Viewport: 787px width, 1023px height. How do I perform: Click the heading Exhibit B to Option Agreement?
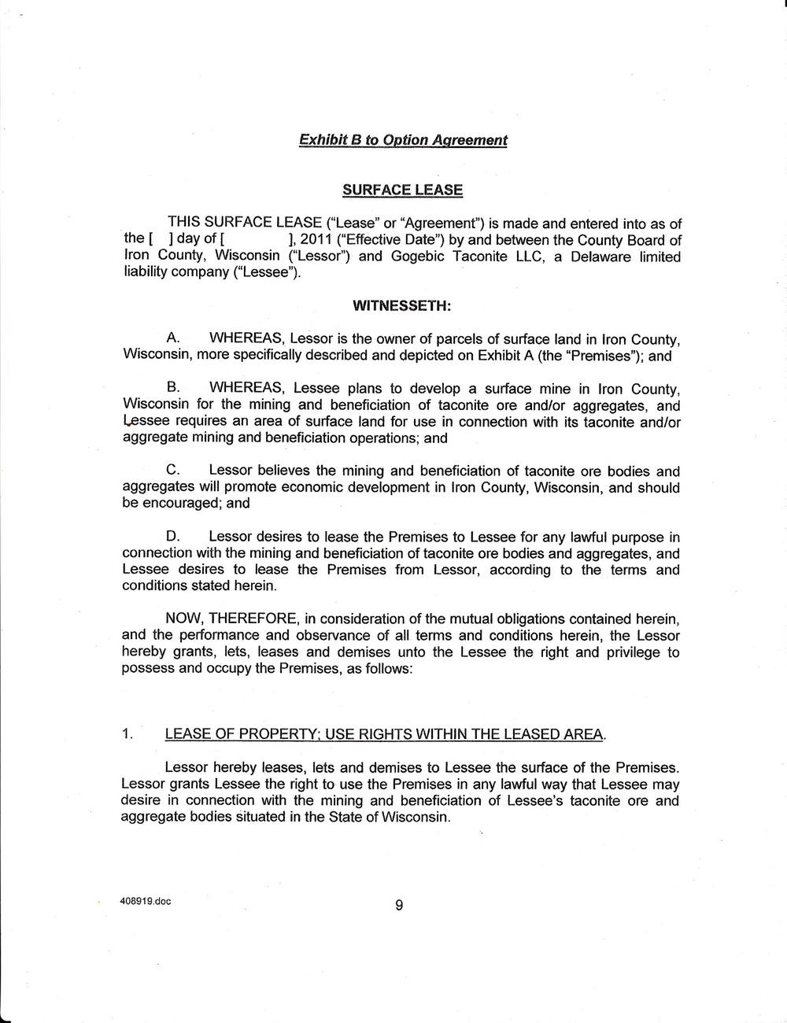tap(403, 140)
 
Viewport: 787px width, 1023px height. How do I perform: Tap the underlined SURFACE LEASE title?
tap(402, 190)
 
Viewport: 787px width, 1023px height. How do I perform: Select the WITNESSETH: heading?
tap(401, 304)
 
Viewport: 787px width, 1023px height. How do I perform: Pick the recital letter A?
tap(174, 339)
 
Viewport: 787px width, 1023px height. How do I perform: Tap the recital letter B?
tap(174, 389)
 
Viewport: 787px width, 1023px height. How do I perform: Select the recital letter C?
tap(174, 471)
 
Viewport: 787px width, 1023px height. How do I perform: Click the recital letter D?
tap(174, 537)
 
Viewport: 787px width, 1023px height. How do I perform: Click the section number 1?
tap(127, 735)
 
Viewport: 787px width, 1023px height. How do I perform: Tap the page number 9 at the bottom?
tap(399, 906)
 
